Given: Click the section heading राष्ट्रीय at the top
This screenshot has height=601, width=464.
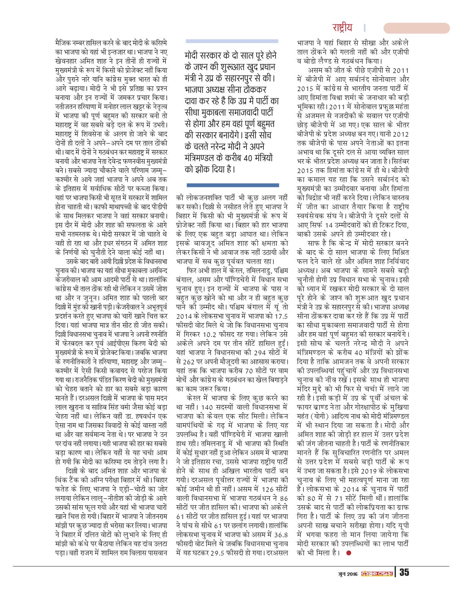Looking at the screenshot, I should pos(342,28).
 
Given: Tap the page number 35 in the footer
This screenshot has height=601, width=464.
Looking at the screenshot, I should pos(403,573).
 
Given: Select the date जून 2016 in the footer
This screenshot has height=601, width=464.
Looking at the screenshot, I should pos(348,573).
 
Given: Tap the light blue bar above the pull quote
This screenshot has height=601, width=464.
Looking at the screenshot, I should pos(232,41).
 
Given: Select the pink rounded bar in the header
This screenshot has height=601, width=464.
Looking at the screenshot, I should pos(416,28).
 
